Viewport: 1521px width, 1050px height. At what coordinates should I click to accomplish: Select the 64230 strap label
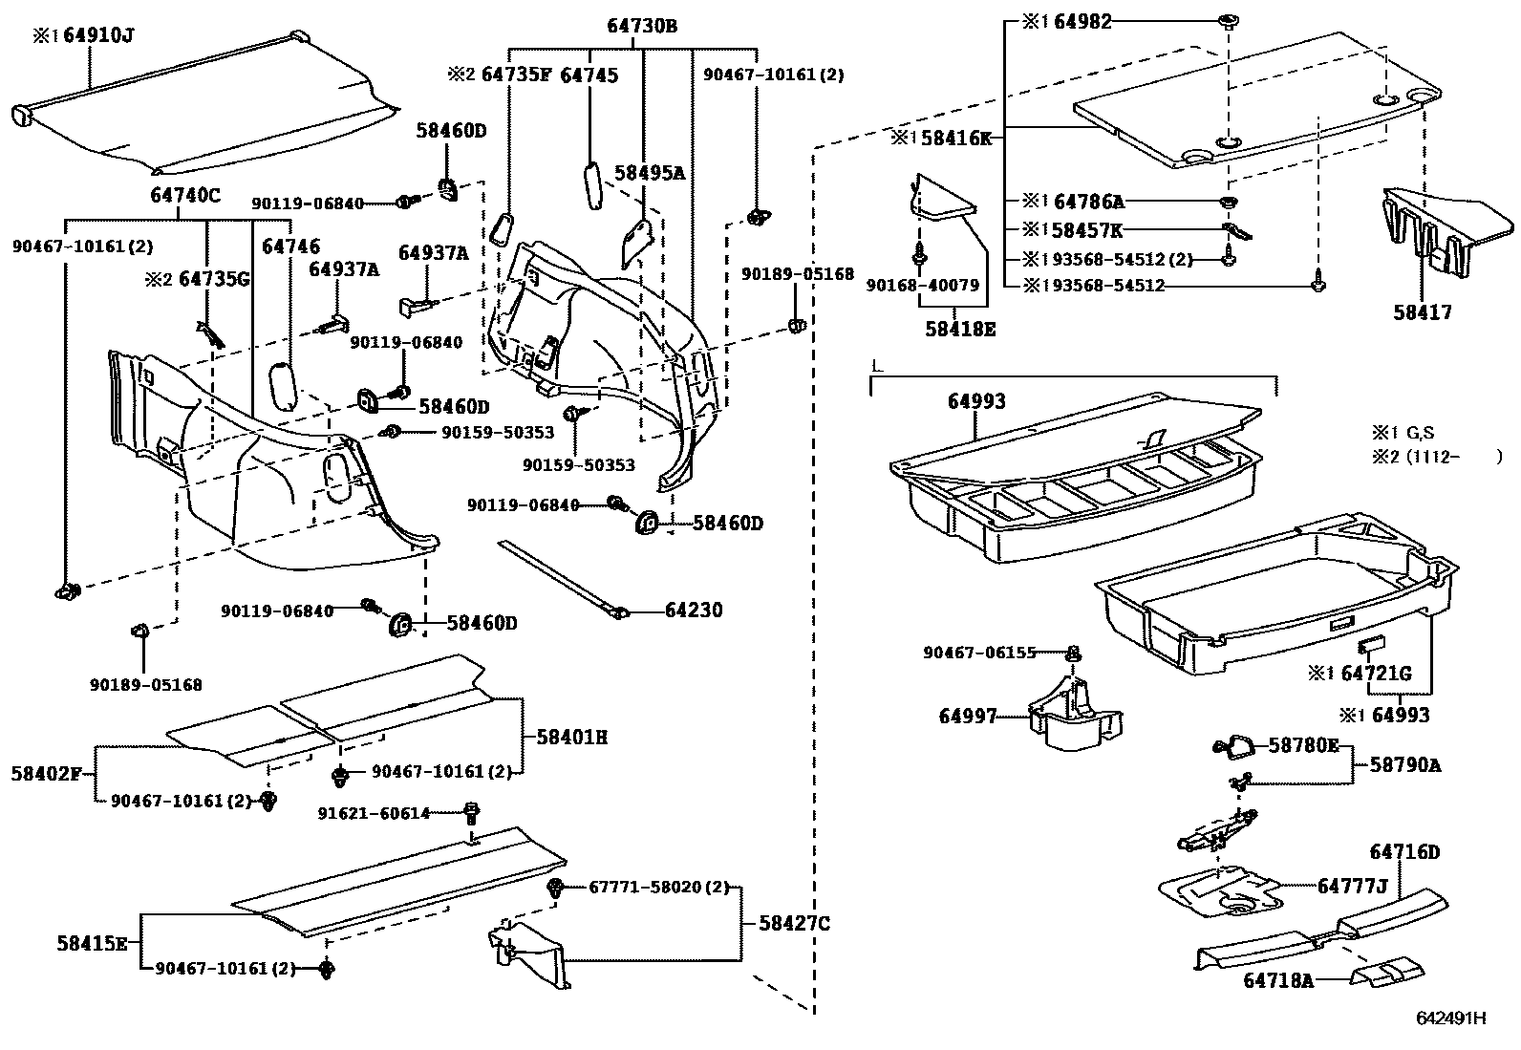pyautogui.click(x=694, y=610)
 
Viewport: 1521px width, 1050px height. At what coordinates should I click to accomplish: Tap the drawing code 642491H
pyautogui.click(x=1451, y=1018)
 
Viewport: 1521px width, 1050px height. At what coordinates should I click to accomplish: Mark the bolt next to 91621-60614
pyautogui.click(x=470, y=814)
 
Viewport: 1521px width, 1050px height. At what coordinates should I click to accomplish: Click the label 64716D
pyautogui.click(x=1403, y=851)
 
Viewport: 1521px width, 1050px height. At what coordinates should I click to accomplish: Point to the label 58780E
pyautogui.click(x=1303, y=745)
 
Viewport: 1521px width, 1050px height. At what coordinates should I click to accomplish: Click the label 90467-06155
pyautogui.click(x=979, y=653)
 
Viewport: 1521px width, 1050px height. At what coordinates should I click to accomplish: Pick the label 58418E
pyautogui.click(x=959, y=329)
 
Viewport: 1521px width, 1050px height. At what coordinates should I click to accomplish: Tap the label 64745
pyautogui.click(x=588, y=75)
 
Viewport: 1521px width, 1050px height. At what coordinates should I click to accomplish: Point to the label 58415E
pyautogui.click(x=92, y=944)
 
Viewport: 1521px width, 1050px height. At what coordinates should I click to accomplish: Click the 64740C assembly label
pyautogui.click(x=184, y=196)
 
